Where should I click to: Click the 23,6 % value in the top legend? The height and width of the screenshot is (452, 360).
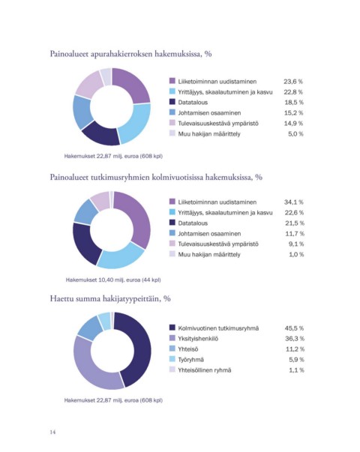click(x=293, y=82)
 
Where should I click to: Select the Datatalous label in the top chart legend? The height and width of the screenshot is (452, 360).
click(x=193, y=103)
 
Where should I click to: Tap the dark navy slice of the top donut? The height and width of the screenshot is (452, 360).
click(x=100, y=133)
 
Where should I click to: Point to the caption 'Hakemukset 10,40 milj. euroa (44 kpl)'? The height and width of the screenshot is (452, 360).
click(x=113, y=280)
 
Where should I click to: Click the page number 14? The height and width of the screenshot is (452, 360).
click(x=52, y=432)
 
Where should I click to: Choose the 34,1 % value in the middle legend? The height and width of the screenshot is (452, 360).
click(x=294, y=202)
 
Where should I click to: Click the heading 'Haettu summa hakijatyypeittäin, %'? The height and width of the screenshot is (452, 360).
click(x=110, y=298)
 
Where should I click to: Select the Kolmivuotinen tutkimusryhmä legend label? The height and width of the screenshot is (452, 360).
click(x=218, y=328)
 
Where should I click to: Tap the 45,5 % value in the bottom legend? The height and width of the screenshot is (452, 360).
click(x=295, y=328)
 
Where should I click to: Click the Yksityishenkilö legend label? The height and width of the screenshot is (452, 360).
click(x=198, y=338)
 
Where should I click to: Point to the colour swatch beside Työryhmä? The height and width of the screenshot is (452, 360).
click(x=172, y=359)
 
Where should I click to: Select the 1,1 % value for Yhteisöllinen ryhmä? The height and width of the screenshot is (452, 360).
click(x=296, y=370)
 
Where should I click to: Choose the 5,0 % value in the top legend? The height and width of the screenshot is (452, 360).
click(x=295, y=133)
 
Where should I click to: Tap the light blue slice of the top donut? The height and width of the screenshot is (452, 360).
click(x=136, y=122)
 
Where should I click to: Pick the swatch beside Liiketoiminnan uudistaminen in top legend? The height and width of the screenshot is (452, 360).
click(x=172, y=81)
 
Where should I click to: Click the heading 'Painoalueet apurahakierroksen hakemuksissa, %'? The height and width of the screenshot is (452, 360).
click(x=131, y=54)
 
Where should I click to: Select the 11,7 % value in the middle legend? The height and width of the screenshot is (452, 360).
click(x=295, y=233)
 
